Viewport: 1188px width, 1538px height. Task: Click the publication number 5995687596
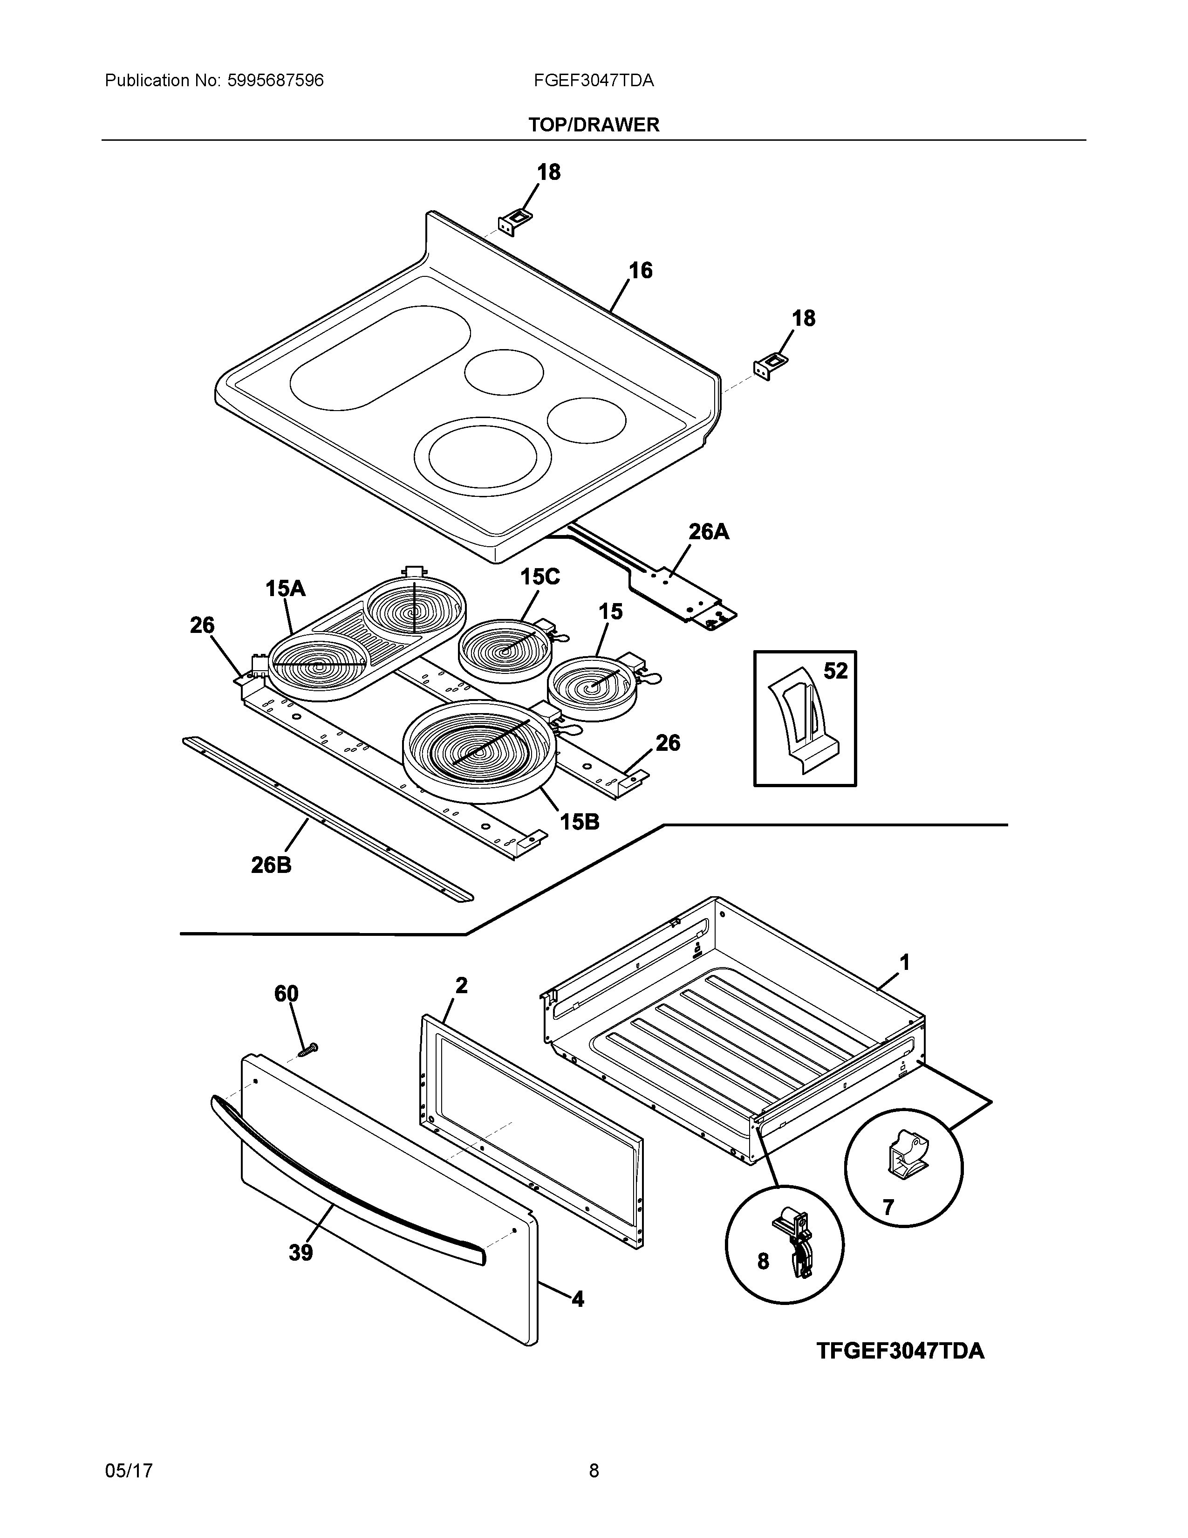pos(275,81)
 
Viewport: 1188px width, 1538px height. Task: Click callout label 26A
pos(708,532)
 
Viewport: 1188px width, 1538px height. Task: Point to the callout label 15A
pos(285,589)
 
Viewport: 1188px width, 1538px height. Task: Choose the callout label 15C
pos(540,577)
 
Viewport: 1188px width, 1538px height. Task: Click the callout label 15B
pos(579,821)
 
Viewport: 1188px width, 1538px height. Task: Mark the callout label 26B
pos(271,865)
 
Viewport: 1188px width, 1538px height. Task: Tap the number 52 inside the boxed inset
pos(835,671)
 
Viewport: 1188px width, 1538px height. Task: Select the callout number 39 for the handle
pos(300,1253)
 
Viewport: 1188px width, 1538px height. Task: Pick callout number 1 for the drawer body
pos(904,962)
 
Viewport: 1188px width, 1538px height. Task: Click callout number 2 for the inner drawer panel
pos(461,985)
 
